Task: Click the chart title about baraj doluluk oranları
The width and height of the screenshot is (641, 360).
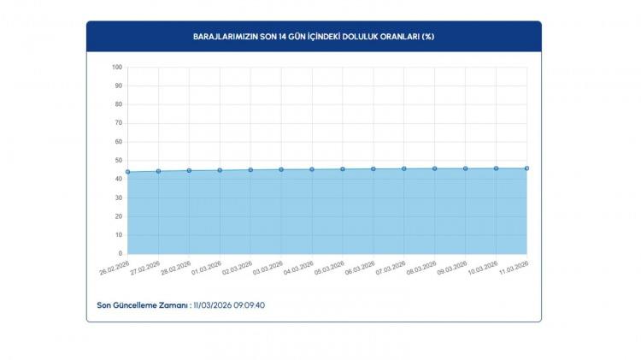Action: click(x=313, y=37)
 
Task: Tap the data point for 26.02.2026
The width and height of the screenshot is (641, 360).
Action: click(x=127, y=172)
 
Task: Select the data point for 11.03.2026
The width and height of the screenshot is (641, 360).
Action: click(x=526, y=168)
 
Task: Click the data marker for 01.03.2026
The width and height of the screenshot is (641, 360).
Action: click(x=220, y=170)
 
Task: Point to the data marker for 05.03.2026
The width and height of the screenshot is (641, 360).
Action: click(x=343, y=169)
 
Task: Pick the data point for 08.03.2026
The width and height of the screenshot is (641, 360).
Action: click(x=435, y=168)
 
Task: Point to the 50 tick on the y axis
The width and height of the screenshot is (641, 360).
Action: click(x=118, y=161)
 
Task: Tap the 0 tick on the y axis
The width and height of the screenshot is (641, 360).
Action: click(x=120, y=254)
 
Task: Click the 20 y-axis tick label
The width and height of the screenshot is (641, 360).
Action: click(x=118, y=216)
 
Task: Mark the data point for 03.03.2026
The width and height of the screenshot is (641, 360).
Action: click(x=281, y=169)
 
